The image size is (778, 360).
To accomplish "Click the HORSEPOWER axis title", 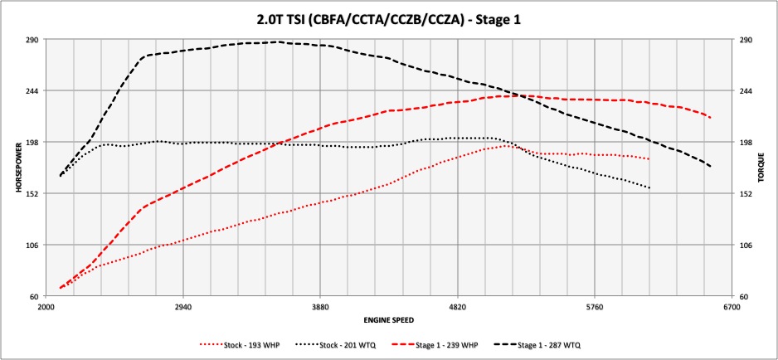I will (17, 168).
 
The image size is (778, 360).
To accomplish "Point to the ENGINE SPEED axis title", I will (389, 319).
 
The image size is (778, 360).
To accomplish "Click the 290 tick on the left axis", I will (35, 39).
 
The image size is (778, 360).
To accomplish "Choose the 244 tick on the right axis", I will (744, 90).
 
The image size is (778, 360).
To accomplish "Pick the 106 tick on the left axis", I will (35, 245).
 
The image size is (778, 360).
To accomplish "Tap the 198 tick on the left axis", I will (35, 142).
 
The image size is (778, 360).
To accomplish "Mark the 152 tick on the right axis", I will (744, 193).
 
